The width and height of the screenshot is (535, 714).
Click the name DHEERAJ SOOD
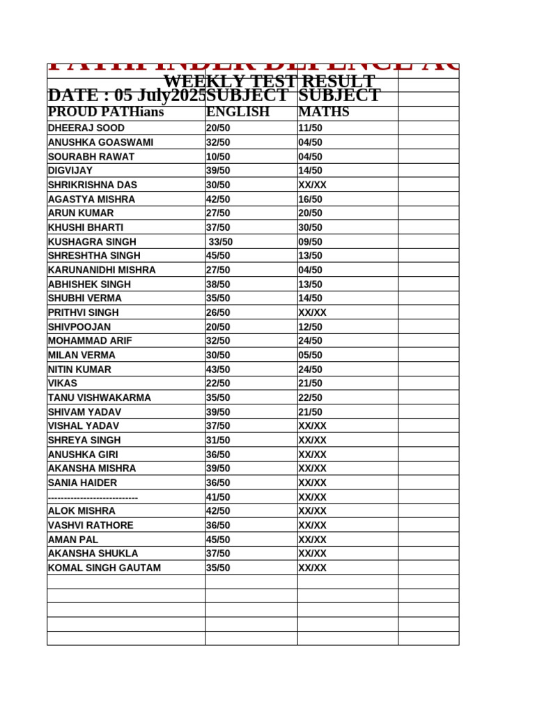(x=86, y=128)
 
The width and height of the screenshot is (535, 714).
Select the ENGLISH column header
(x=238, y=112)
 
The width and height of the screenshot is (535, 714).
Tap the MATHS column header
(x=324, y=112)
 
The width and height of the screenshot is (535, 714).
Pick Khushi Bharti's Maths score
(x=310, y=227)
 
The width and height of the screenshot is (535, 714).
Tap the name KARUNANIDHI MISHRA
(x=102, y=270)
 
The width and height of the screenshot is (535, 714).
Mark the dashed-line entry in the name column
(x=93, y=497)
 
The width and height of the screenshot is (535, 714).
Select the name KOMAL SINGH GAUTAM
(x=104, y=568)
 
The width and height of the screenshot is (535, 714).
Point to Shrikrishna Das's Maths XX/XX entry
(x=312, y=185)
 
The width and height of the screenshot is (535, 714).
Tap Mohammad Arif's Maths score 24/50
(x=310, y=341)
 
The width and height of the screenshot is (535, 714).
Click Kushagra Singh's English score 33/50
(x=221, y=242)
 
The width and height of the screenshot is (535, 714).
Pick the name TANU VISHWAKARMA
(x=100, y=397)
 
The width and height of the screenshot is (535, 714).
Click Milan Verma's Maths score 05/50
(x=310, y=355)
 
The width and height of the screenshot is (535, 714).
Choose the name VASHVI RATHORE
(x=91, y=525)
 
